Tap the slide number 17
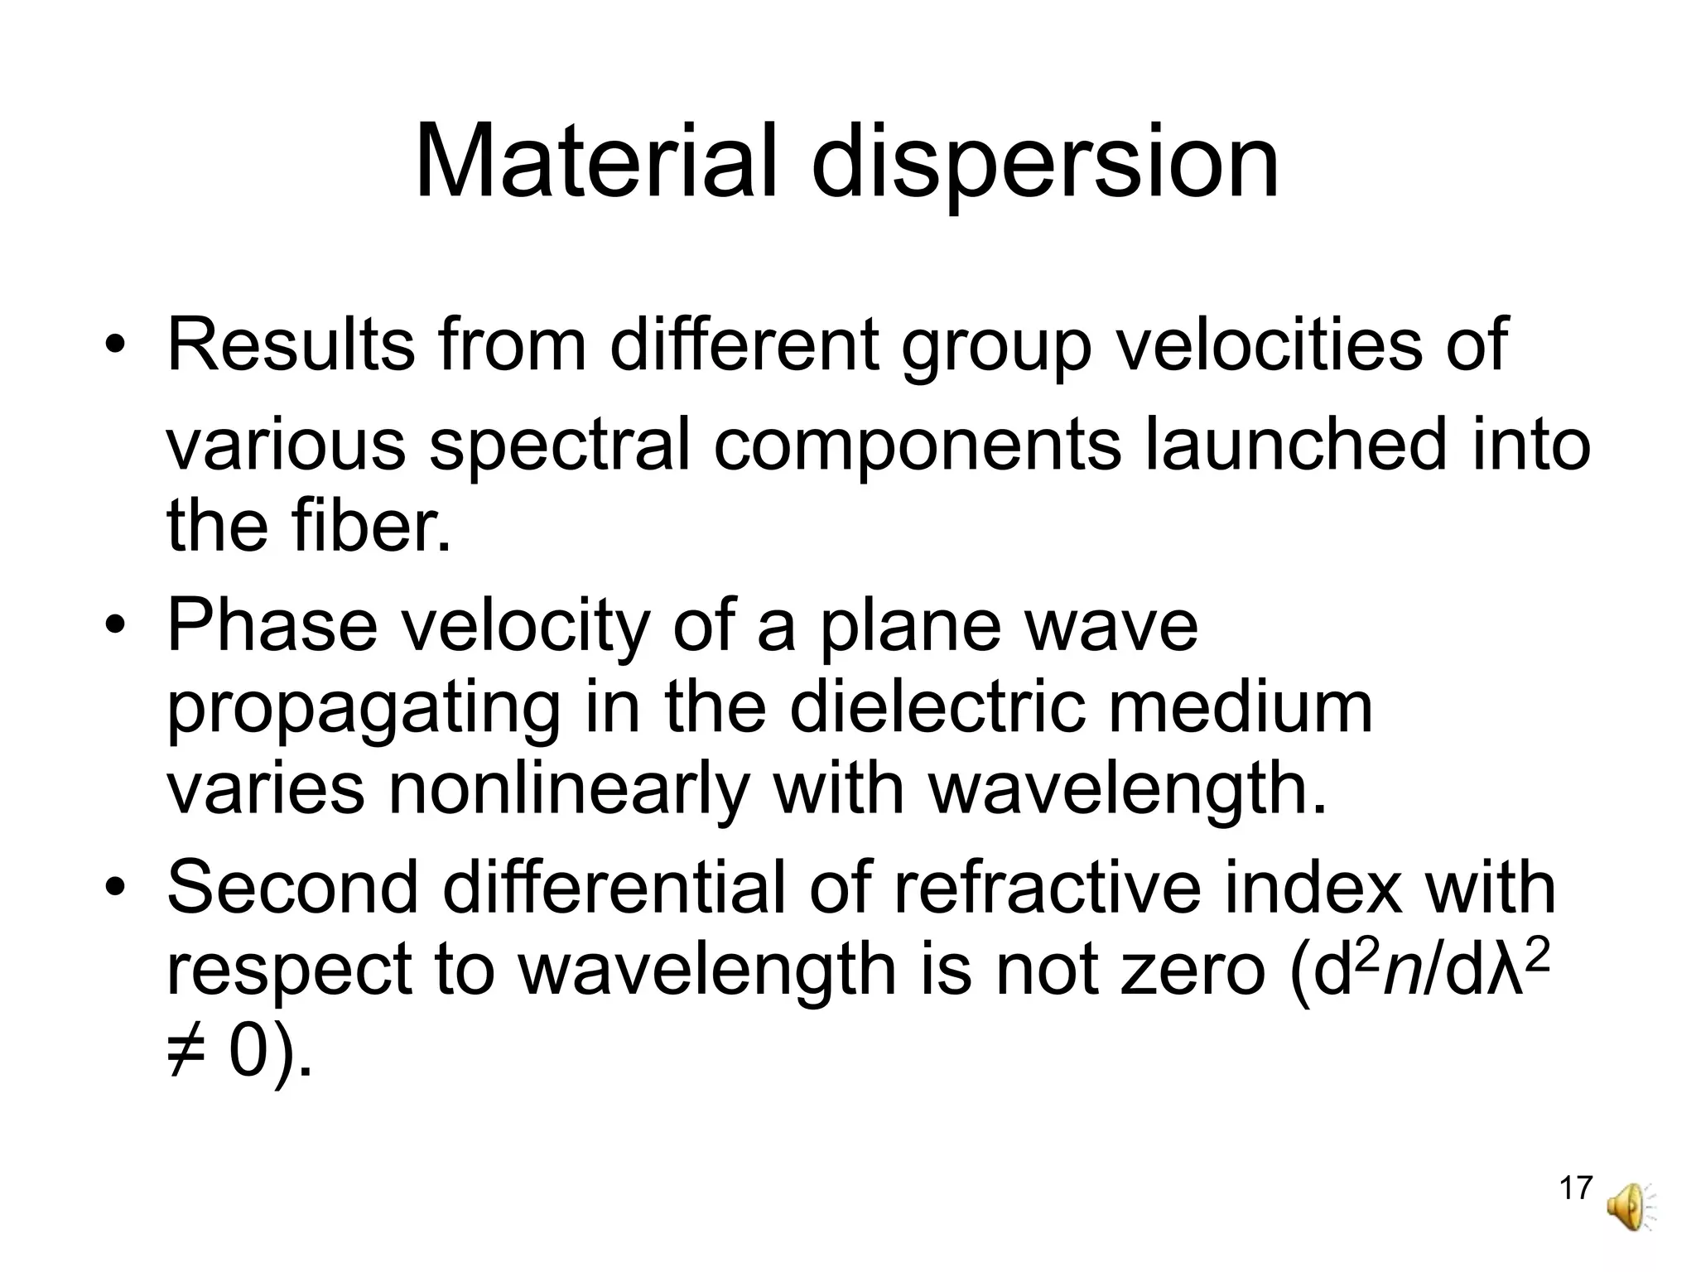pos(1575,1188)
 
